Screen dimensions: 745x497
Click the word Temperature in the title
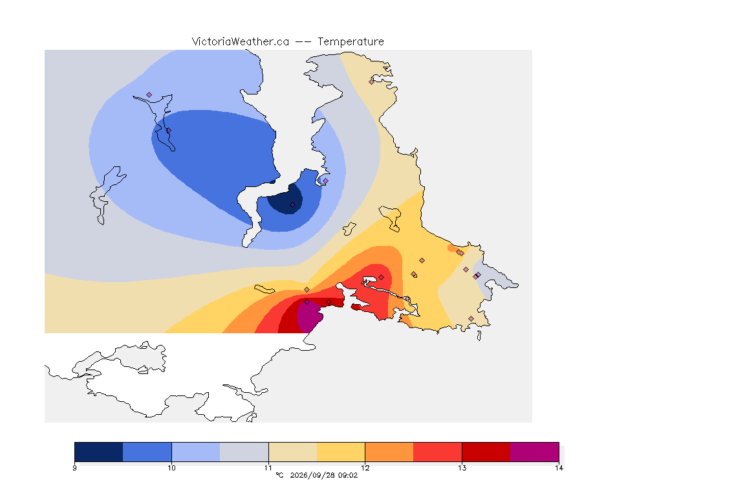click(x=351, y=42)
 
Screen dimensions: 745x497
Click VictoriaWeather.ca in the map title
click(x=241, y=42)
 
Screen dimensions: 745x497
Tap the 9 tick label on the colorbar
click(x=74, y=468)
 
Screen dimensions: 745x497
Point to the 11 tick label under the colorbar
click(x=268, y=468)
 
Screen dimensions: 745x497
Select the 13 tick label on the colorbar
click(x=462, y=468)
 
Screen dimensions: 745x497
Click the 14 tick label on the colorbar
click(x=559, y=468)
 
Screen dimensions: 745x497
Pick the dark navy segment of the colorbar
click(x=99, y=452)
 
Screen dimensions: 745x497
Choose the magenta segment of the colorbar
click(x=535, y=452)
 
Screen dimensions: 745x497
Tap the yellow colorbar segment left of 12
click(x=341, y=452)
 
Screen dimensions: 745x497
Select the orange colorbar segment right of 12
click(x=389, y=452)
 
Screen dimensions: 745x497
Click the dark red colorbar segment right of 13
click(x=486, y=452)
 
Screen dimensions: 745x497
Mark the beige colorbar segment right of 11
click(x=293, y=452)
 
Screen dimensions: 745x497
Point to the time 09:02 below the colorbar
click(x=349, y=475)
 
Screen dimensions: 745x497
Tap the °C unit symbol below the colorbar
click(x=280, y=475)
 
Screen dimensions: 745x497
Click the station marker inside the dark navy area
click(x=293, y=205)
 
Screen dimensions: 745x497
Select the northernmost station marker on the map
click(x=372, y=82)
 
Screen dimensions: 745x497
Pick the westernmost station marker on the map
click(x=149, y=95)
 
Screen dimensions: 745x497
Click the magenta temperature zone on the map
click(x=309, y=316)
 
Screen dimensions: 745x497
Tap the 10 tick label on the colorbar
click(x=171, y=468)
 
